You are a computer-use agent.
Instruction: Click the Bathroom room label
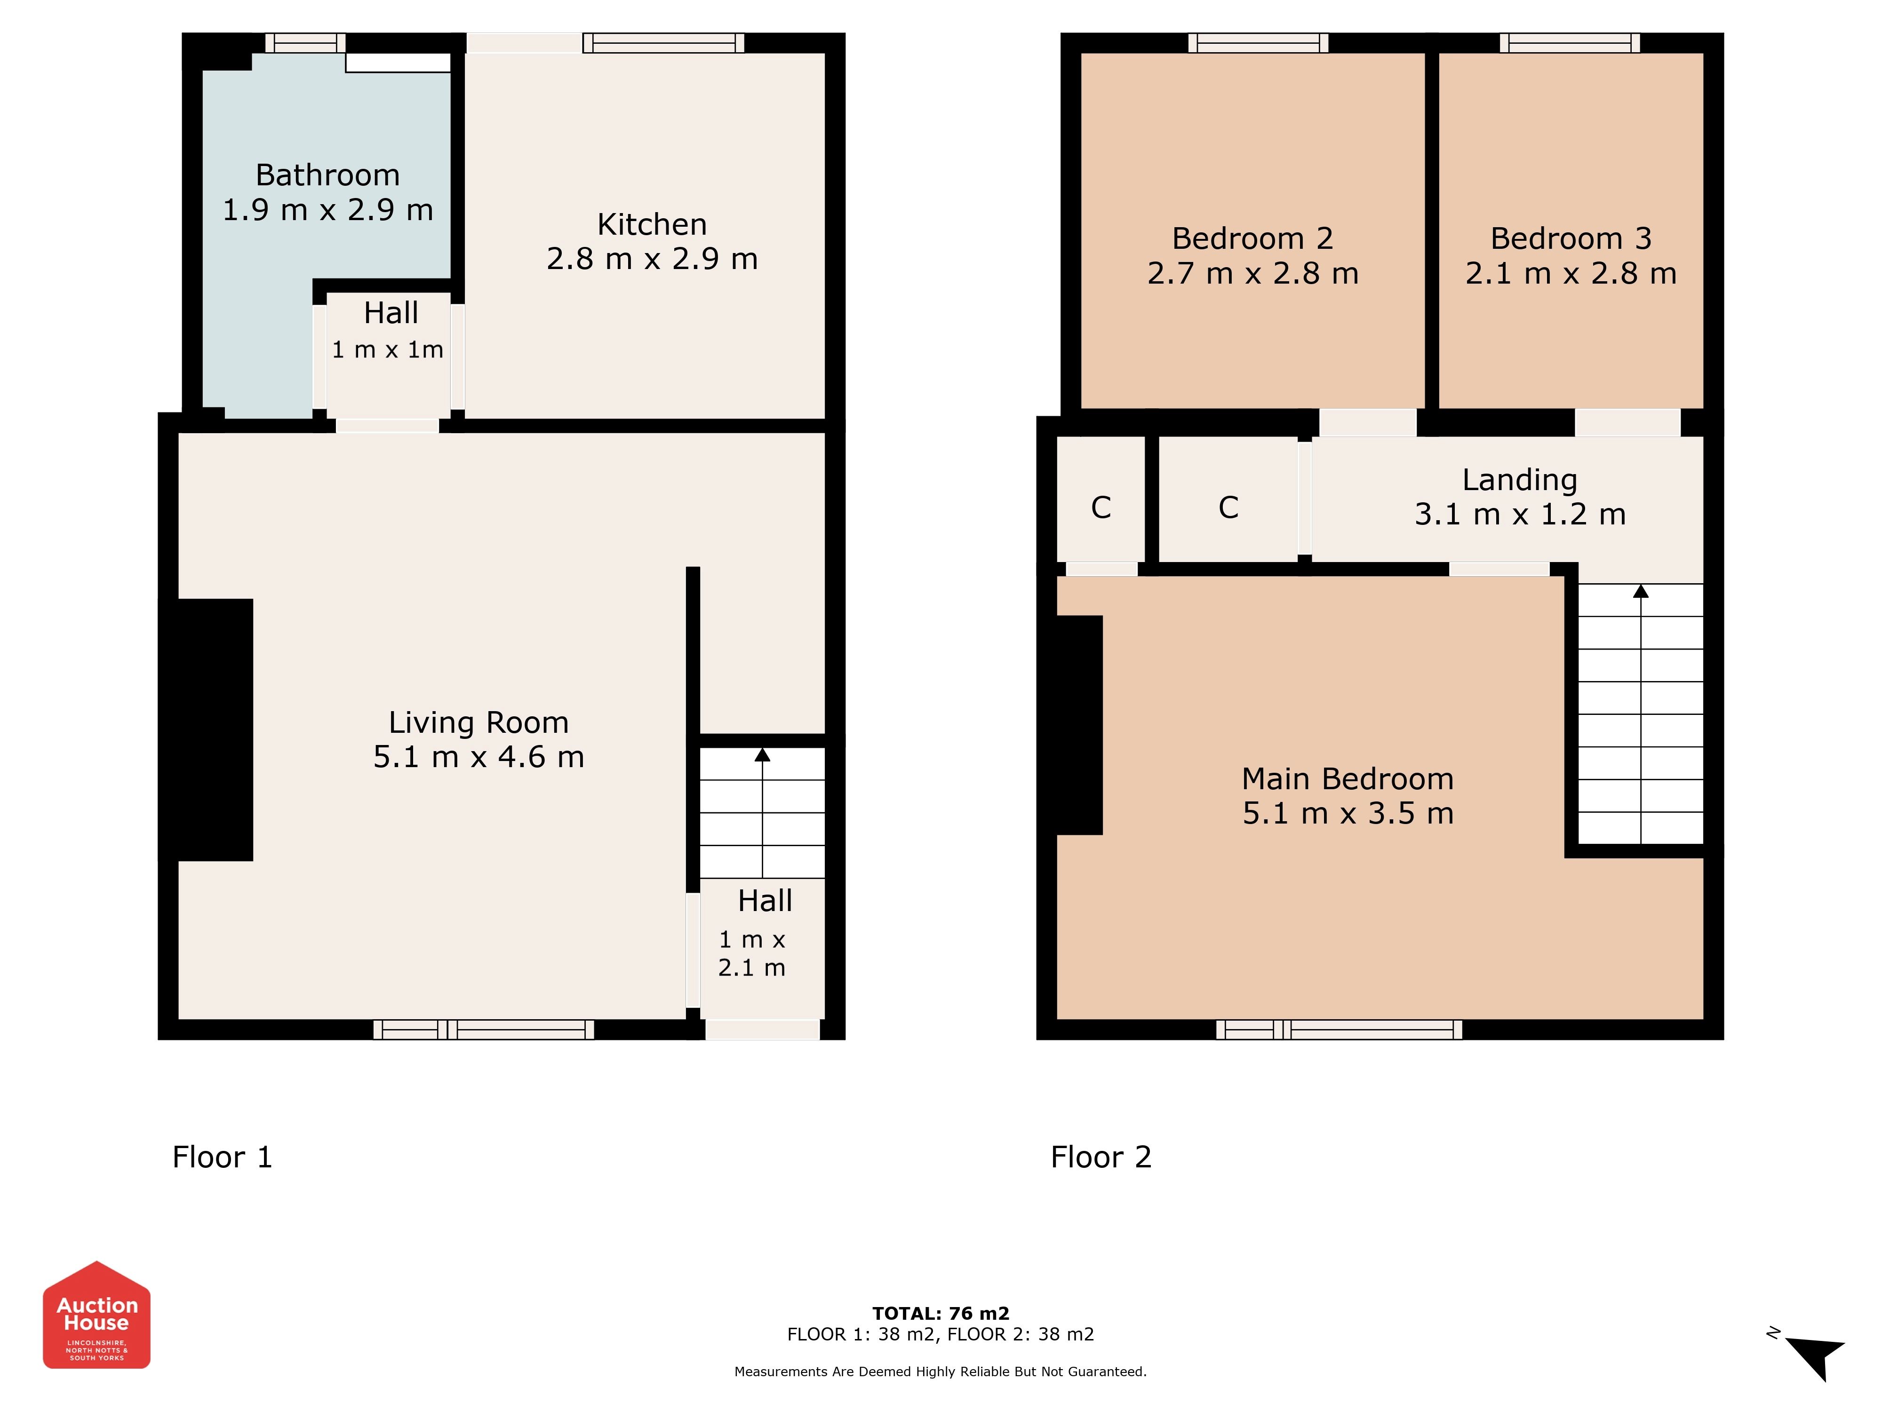coord(327,175)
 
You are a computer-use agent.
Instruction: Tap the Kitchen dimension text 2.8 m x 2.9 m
coord(652,259)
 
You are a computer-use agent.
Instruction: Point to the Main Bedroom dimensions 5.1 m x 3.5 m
coord(1348,813)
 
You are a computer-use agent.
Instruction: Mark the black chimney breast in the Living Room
coord(206,730)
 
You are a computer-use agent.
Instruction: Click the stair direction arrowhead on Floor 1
coord(762,754)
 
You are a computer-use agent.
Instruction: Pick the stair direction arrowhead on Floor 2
coord(1640,591)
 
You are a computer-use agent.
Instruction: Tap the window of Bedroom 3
coord(1570,42)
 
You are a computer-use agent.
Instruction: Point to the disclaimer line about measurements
coord(940,1371)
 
